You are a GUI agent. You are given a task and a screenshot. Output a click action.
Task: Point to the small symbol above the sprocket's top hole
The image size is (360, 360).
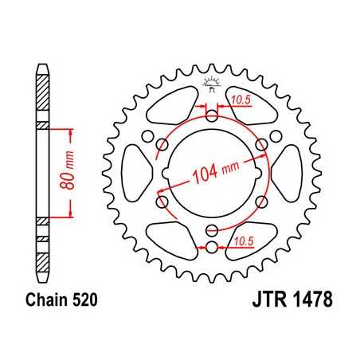coord(212,80)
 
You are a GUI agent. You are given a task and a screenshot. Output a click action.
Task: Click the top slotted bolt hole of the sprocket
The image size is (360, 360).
coord(212,116)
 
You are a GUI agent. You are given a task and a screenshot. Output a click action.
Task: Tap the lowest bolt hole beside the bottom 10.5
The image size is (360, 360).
coord(212,245)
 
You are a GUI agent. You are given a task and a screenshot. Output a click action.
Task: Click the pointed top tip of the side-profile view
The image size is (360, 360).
coord(41,68)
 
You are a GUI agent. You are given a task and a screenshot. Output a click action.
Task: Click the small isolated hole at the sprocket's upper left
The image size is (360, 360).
coord(162,143)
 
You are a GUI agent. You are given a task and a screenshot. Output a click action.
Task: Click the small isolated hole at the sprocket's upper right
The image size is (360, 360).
coord(261,143)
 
